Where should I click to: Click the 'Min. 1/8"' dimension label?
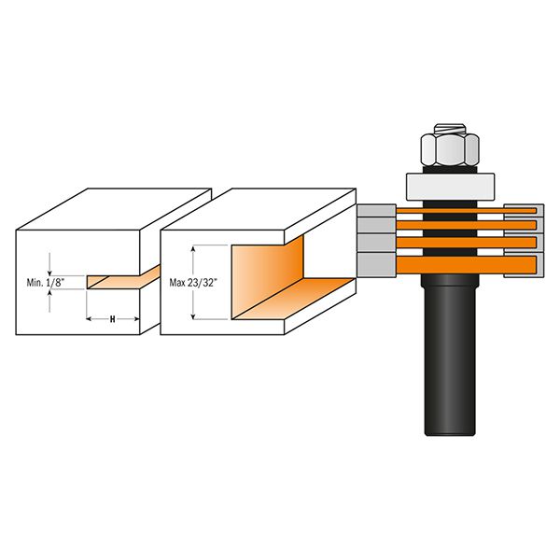click(46, 283)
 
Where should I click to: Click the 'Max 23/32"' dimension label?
click(193, 283)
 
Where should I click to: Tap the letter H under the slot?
click(113, 319)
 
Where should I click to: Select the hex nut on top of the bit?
click(450, 149)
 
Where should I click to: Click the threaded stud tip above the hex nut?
click(450, 129)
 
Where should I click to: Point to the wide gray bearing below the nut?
click(450, 187)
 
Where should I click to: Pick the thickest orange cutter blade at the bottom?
click(467, 265)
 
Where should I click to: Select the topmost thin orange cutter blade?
click(467, 211)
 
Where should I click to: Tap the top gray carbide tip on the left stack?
click(376, 210)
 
